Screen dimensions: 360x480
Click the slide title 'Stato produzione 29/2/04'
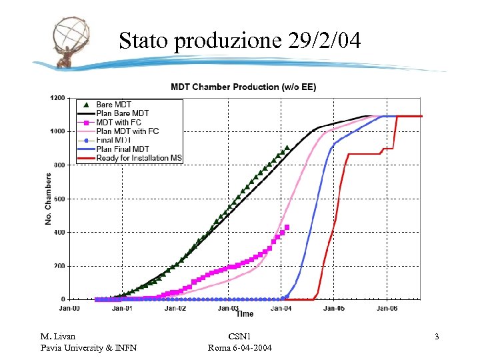pos(240,41)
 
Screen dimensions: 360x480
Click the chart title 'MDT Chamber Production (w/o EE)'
pos(243,87)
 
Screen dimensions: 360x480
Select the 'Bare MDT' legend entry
pos(114,105)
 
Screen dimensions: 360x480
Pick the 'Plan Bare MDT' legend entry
pos(123,113)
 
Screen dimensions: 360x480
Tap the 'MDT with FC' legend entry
pos(119,123)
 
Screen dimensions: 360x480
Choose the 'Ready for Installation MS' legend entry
pos(139,158)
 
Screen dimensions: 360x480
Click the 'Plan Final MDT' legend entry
pos(123,149)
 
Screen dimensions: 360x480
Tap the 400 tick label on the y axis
pos(59,232)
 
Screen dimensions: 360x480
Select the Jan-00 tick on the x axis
pos(69,308)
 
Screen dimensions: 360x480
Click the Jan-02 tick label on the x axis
pos(175,308)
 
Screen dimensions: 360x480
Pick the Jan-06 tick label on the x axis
pos(387,308)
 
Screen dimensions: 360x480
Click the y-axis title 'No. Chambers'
pos(48,199)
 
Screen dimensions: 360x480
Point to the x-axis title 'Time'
pos(244,314)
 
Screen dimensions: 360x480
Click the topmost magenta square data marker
pos(287,227)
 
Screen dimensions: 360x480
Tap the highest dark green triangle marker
pos(287,147)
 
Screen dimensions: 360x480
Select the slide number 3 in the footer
pos(437,337)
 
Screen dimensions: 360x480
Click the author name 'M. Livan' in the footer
pos(58,337)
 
